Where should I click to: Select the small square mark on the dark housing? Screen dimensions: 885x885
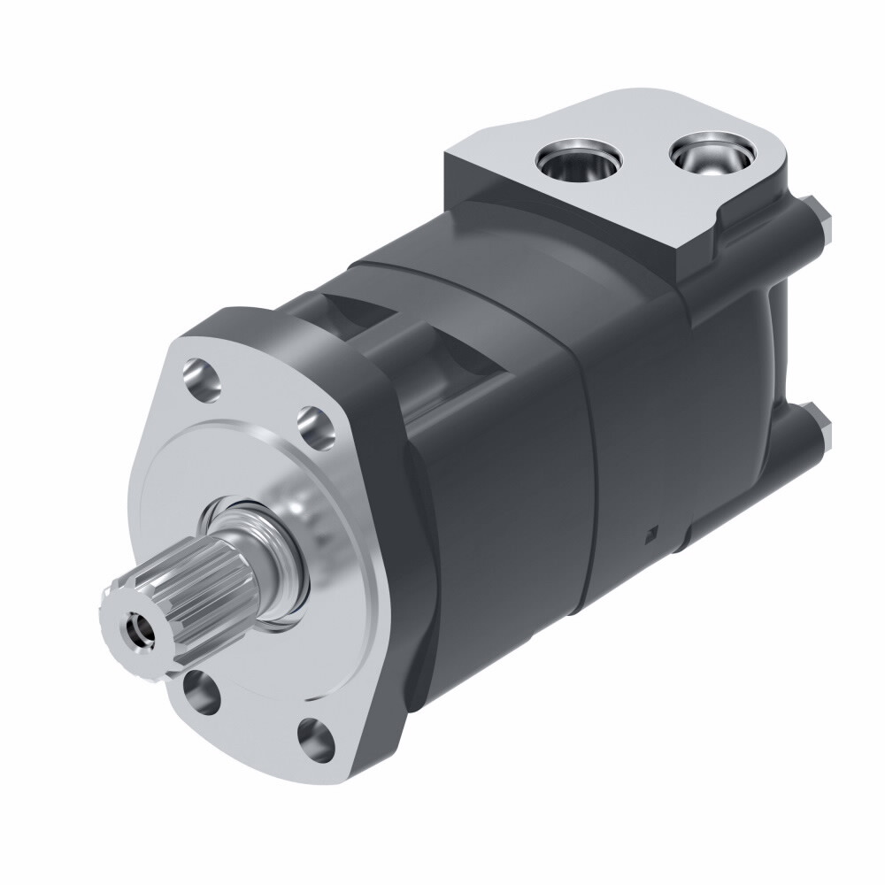pos(652,531)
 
